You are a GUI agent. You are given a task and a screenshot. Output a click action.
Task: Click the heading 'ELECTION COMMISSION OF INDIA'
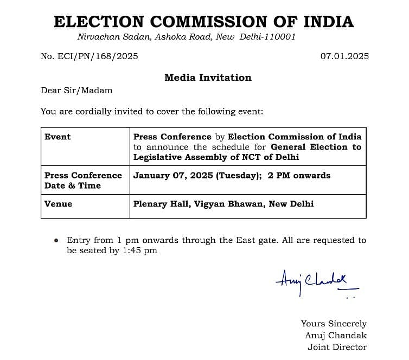(x=204, y=22)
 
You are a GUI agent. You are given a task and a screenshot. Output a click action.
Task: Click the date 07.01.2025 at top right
(x=344, y=56)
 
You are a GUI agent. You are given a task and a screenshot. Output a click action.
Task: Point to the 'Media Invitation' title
(x=208, y=78)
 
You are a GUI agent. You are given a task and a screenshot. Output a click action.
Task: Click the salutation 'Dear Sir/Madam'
(x=76, y=91)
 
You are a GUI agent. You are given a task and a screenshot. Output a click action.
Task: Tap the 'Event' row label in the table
(x=57, y=137)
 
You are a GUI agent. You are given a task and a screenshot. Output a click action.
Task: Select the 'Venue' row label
(x=58, y=204)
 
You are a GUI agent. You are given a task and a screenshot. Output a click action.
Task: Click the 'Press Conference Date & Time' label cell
(x=83, y=181)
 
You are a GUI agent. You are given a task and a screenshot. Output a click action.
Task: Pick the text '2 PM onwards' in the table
(x=299, y=175)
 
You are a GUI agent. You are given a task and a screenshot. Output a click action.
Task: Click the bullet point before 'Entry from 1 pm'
(x=56, y=240)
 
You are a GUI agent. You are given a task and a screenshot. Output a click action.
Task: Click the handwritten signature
(x=316, y=281)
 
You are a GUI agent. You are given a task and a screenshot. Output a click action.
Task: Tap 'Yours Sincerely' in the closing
(x=334, y=324)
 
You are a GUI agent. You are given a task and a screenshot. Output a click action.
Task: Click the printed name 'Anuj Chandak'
(x=335, y=336)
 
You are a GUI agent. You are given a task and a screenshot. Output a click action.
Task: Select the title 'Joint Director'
(x=337, y=347)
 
